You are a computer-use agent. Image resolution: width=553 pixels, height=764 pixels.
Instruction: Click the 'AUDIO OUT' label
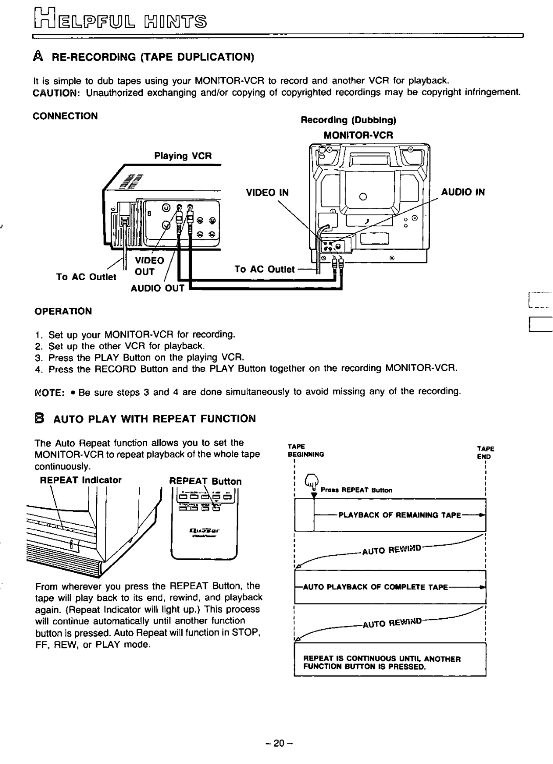click(161, 288)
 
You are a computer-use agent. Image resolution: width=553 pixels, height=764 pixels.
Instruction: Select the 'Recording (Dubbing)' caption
click(349, 121)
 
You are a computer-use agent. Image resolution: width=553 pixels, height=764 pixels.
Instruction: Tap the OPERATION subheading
click(63, 311)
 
